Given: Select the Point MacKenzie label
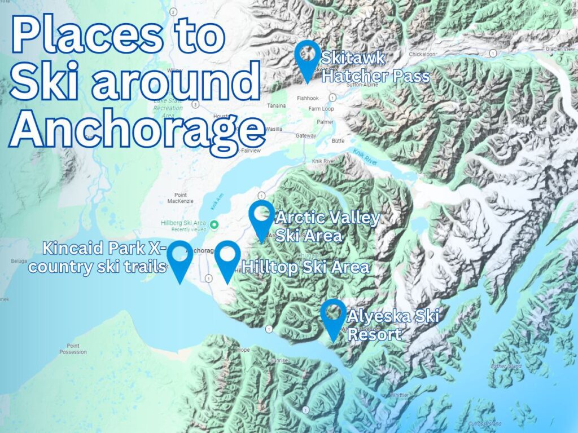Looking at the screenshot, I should click(x=181, y=198).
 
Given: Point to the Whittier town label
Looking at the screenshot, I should click(x=400, y=395).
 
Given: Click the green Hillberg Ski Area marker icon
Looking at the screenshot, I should click(x=214, y=225).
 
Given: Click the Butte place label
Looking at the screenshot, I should click(x=339, y=139).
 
